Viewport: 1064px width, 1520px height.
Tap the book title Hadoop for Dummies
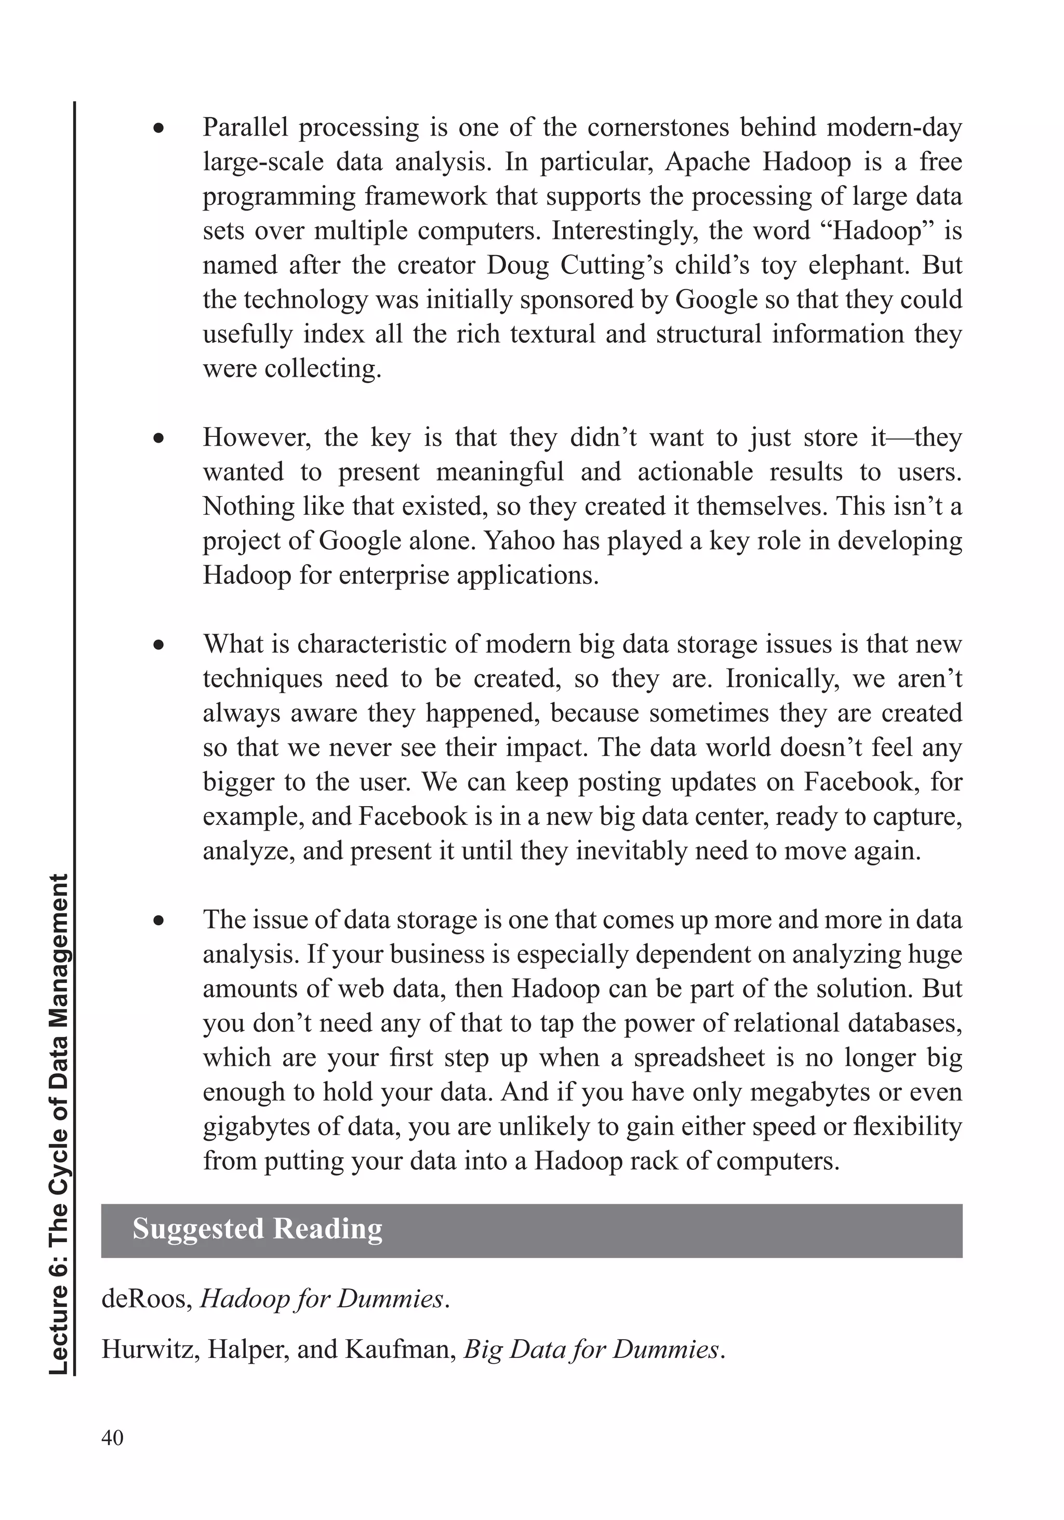[322, 1299]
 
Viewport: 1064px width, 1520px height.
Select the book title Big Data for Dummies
[591, 1349]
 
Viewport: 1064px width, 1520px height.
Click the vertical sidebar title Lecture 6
[60, 1125]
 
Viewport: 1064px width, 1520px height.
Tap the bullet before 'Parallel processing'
[158, 130]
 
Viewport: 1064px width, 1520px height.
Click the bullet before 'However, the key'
[158, 439]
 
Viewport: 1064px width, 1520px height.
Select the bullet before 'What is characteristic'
[158, 646]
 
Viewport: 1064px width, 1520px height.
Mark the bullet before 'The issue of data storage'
[158, 922]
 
